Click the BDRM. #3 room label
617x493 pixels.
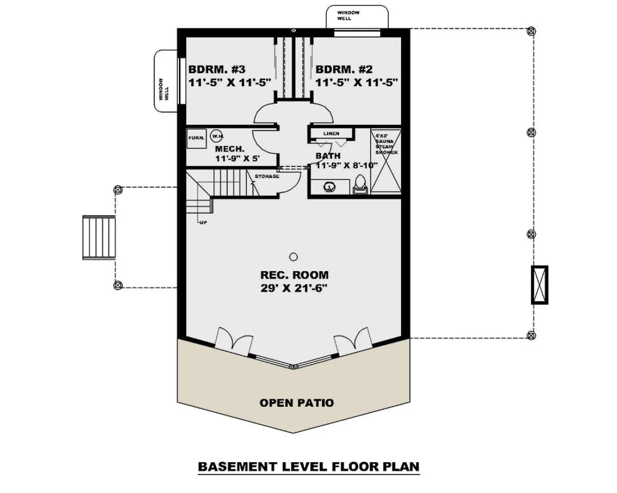click(x=217, y=70)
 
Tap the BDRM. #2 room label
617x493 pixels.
click(x=344, y=70)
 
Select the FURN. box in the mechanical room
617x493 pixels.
click(x=196, y=139)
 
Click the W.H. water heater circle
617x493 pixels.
click(x=217, y=136)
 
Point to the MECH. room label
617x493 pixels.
click(x=230, y=149)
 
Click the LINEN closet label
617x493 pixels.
click(x=331, y=134)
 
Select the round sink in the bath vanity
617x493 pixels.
click(x=328, y=187)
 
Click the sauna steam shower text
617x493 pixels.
click(x=386, y=144)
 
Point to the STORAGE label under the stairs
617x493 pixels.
click(x=267, y=177)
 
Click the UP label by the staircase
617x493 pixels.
click(x=203, y=222)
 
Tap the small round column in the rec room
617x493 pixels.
click(x=293, y=257)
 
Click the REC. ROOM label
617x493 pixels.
click(x=295, y=275)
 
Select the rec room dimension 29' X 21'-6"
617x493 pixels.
click(x=294, y=288)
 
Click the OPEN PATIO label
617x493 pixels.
click(x=297, y=403)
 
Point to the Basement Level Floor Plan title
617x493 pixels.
click(x=309, y=467)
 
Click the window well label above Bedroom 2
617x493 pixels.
click(x=348, y=15)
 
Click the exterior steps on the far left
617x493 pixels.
click(x=99, y=237)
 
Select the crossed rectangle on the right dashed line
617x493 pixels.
click(x=539, y=285)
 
